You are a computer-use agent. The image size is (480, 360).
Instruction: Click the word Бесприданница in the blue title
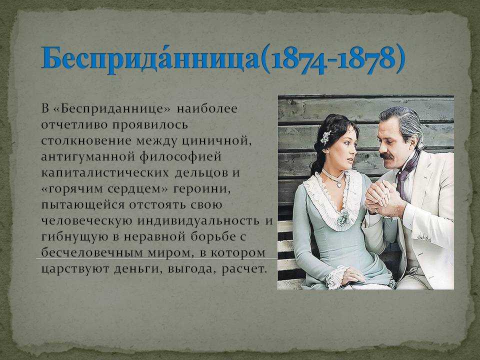(x=151, y=58)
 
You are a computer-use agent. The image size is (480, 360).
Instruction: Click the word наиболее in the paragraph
(x=207, y=109)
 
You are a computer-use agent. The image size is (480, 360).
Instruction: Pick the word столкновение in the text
(x=86, y=141)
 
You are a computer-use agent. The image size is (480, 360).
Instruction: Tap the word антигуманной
(x=88, y=156)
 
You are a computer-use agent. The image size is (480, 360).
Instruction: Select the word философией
(x=180, y=156)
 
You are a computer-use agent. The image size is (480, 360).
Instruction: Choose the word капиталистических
(x=105, y=172)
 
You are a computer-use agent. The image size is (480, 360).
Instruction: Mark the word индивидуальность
(x=198, y=221)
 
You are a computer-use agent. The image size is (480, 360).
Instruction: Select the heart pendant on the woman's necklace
(x=339, y=184)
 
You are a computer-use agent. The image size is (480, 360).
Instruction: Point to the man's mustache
(x=386, y=156)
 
